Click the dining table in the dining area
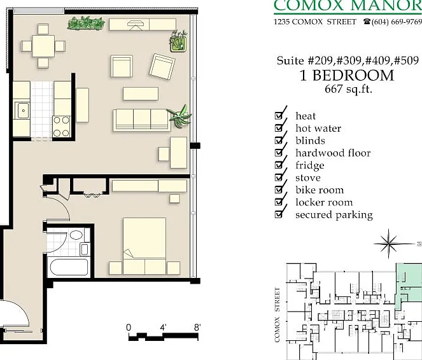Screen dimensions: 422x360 click(x=43, y=46)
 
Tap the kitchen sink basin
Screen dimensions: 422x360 click(x=23, y=110)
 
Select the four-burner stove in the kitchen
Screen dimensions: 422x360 click(x=61, y=127)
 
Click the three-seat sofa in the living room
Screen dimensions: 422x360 click(x=142, y=120)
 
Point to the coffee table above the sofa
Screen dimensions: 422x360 click(x=141, y=93)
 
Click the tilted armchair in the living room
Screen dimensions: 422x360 click(x=162, y=66)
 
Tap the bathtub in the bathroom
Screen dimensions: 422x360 click(x=69, y=267)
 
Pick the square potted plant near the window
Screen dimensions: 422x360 click(x=178, y=43)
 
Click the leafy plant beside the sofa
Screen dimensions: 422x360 click(x=180, y=116)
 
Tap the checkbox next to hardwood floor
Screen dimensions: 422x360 click(x=279, y=153)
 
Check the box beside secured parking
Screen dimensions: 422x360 click(x=279, y=214)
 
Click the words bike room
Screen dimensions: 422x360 click(x=320, y=190)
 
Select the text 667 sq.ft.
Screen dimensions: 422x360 click(x=348, y=88)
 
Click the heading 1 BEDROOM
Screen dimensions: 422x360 click(x=347, y=76)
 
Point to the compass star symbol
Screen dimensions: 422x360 click(x=389, y=244)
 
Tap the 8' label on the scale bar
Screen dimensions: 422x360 click(x=197, y=328)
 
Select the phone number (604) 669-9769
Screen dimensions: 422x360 click(x=397, y=22)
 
